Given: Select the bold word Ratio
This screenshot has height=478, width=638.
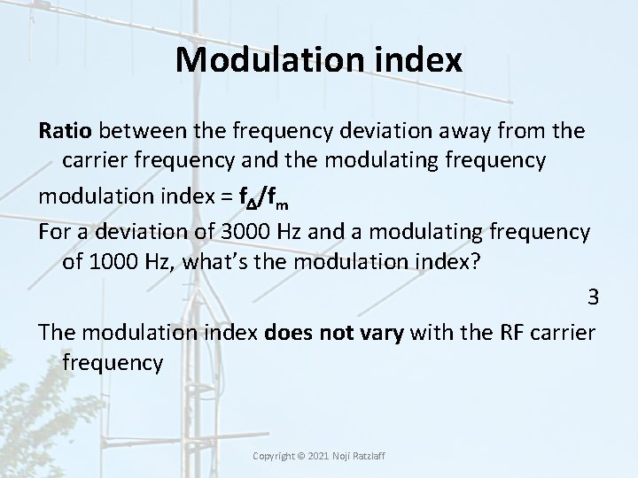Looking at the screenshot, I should (x=66, y=131).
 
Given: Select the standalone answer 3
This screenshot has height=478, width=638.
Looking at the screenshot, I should (x=593, y=297).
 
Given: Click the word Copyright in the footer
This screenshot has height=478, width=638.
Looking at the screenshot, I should (x=277, y=455).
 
